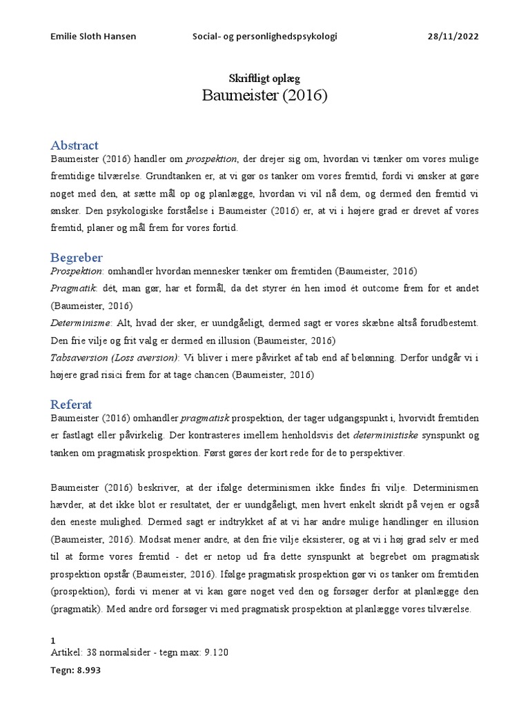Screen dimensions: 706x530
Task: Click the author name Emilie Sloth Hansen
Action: pos(93,37)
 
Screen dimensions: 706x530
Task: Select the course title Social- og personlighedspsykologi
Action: pos(264,37)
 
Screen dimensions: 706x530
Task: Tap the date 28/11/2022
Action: pos(453,37)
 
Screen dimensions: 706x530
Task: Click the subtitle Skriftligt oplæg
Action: pos(264,79)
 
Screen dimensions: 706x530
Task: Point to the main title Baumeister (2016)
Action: pos(264,96)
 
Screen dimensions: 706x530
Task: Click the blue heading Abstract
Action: pos(75,145)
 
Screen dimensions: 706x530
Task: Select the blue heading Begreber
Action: pos(76,258)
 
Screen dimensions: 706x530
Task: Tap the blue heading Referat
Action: pos(72,404)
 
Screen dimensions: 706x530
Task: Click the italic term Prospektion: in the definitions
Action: pos(77,272)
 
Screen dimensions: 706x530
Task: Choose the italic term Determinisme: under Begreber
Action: pos(79,323)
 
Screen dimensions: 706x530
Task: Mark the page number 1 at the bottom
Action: pos(54,641)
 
